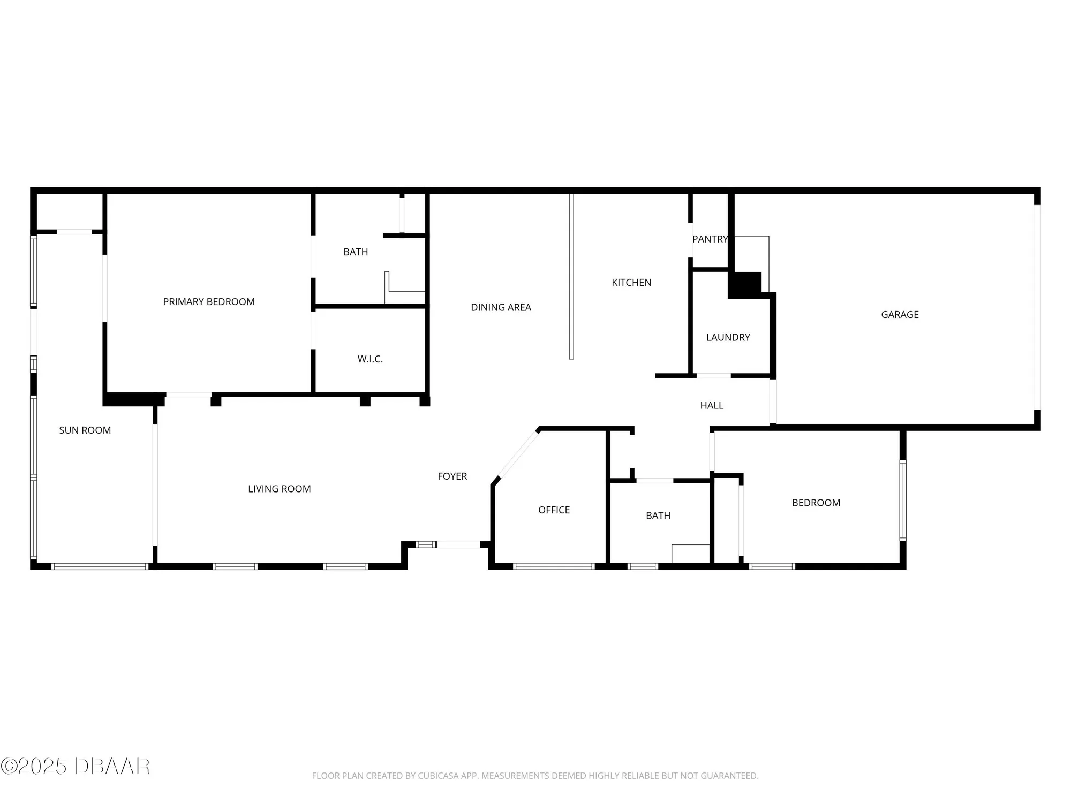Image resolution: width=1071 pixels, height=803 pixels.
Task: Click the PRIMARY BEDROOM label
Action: point(209,302)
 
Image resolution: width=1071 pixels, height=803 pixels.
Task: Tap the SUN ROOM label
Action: point(85,430)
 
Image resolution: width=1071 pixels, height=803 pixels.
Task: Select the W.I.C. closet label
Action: point(370,359)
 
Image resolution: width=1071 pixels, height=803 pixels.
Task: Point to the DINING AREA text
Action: point(501,307)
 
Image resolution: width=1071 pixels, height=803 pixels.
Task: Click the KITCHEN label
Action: point(631,283)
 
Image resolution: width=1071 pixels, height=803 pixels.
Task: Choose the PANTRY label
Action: point(710,239)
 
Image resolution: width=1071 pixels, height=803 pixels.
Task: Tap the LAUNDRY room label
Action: point(728,337)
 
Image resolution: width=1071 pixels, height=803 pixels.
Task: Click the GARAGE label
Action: point(900,315)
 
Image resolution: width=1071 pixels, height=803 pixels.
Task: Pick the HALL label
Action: point(712,406)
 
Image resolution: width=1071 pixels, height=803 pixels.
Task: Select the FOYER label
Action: point(452,476)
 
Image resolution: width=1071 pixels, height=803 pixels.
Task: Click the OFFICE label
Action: point(554,510)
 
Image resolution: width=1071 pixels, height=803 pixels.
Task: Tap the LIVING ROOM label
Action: point(279,489)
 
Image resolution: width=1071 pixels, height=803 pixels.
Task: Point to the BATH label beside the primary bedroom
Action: point(356,252)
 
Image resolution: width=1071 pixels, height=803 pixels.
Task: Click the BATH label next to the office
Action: point(658,516)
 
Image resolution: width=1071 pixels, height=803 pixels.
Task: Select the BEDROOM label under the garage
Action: point(816,503)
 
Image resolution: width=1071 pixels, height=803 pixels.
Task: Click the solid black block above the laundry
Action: point(745,285)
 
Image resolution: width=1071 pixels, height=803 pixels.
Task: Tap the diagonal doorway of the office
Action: point(518,453)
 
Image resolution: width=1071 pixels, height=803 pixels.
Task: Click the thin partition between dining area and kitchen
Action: point(571,276)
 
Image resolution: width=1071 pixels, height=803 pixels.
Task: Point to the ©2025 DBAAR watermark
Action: point(76,767)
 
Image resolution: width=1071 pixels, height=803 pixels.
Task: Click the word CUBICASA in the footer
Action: point(440,776)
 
